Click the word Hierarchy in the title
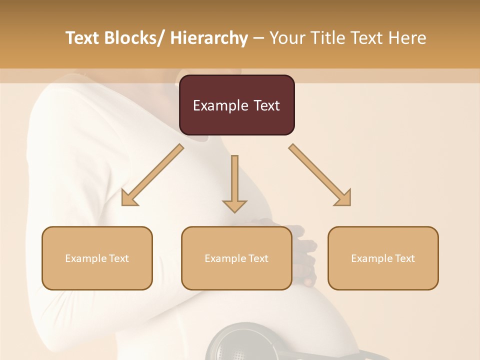(209, 38)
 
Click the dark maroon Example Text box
(236, 105)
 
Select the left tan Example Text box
(97, 258)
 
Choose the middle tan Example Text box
(236, 258)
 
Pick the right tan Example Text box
(383, 258)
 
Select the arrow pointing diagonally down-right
(320, 175)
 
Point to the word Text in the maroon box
(267, 105)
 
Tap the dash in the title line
(258, 38)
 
